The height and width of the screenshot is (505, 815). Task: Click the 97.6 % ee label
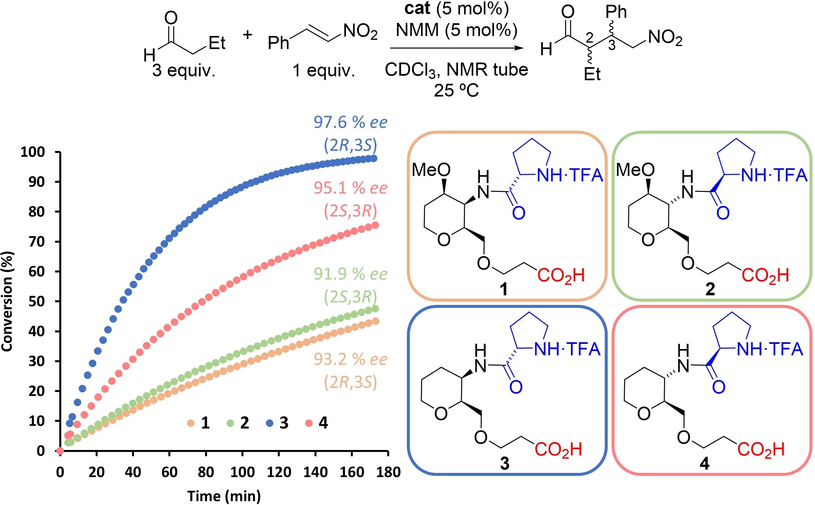point(351,122)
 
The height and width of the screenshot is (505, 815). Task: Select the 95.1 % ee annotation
point(351,188)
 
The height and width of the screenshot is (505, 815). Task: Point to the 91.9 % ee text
point(351,274)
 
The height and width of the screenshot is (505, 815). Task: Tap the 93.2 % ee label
point(351,360)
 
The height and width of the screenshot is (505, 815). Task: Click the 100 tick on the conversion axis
point(33,152)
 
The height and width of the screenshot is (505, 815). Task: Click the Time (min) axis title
point(224,496)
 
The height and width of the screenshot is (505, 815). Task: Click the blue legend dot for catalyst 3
point(270,423)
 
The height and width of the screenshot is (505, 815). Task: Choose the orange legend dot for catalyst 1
point(191,423)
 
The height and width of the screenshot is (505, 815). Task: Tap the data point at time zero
point(60,451)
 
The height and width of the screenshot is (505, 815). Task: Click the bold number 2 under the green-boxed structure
point(710,289)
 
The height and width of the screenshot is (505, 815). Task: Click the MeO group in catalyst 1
point(431,170)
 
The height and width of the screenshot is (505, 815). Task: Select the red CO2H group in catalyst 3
point(558,450)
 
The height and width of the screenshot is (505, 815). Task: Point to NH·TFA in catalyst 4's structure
point(769,349)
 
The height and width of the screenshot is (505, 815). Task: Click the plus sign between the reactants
point(248,35)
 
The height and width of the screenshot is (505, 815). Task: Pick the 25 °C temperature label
point(456,90)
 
